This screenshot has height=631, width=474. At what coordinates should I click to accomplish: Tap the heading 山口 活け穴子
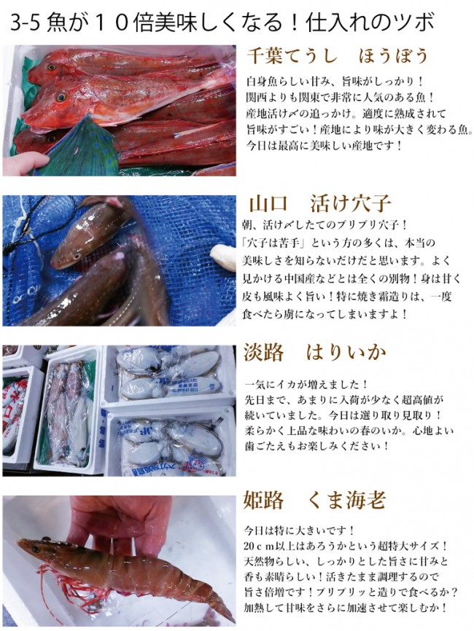[x=320, y=203]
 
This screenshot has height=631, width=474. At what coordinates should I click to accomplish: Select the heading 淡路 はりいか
[x=314, y=353]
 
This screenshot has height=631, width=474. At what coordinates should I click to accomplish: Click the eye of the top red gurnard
[x=61, y=96]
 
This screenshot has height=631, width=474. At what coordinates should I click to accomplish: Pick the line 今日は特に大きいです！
[x=300, y=530]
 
